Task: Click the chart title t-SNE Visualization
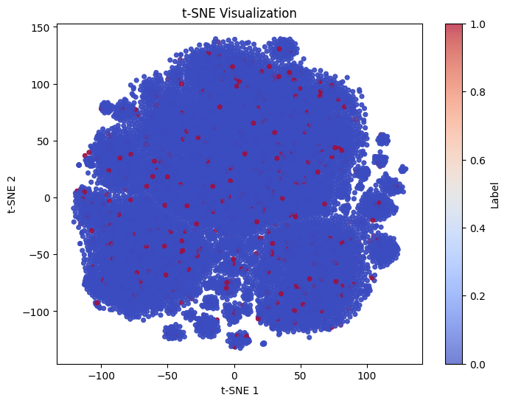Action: click(x=239, y=13)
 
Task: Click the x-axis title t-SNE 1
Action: click(x=239, y=390)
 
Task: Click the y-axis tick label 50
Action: click(x=44, y=141)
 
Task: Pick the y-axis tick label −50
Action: click(x=41, y=255)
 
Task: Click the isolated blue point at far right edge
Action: click(x=403, y=169)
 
